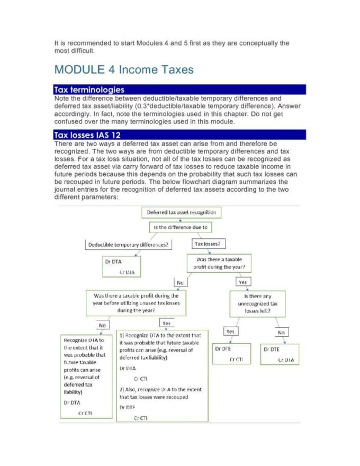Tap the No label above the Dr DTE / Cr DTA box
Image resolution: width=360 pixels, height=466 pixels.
[281, 333]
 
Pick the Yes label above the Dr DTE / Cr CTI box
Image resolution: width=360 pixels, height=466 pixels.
[230, 331]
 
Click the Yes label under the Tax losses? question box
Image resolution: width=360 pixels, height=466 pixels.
[243, 282]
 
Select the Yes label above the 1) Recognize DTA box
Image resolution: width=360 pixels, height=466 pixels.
[166, 322]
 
